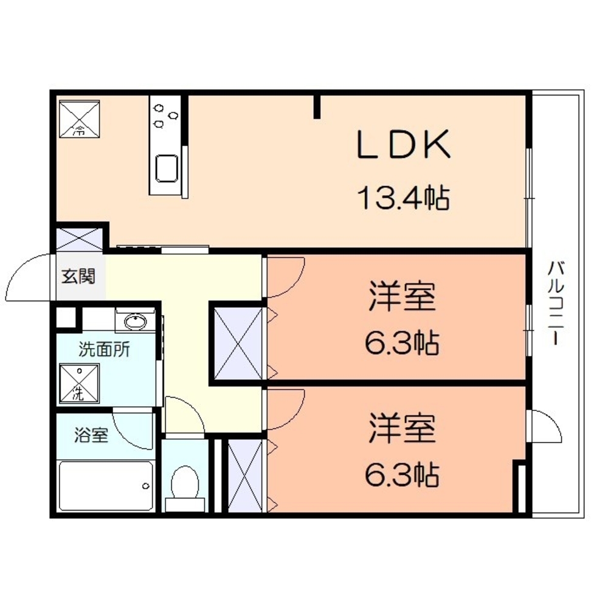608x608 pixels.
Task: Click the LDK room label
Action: pos(403,145)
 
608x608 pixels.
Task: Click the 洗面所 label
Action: pos(104,351)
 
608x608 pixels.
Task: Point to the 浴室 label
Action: pos(92,435)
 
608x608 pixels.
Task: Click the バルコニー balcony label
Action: pos(554,303)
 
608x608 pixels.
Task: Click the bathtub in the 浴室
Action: pos(106,485)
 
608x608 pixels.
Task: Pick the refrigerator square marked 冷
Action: pos(80,117)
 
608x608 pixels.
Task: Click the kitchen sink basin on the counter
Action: pos(166,168)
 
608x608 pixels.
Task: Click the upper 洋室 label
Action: pos(402,298)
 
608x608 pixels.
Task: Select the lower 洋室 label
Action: pos(402,429)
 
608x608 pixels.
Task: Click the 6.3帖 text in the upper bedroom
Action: pos(402,344)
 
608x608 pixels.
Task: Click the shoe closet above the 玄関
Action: pos(80,238)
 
